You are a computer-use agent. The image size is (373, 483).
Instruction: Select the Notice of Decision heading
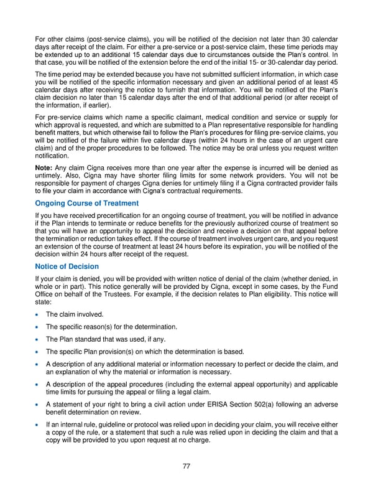click(67, 266)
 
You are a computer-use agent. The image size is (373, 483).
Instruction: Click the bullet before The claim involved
click(39, 314)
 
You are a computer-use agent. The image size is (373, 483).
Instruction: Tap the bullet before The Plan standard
click(39, 339)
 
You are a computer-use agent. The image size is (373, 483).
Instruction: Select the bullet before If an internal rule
click(39, 423)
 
